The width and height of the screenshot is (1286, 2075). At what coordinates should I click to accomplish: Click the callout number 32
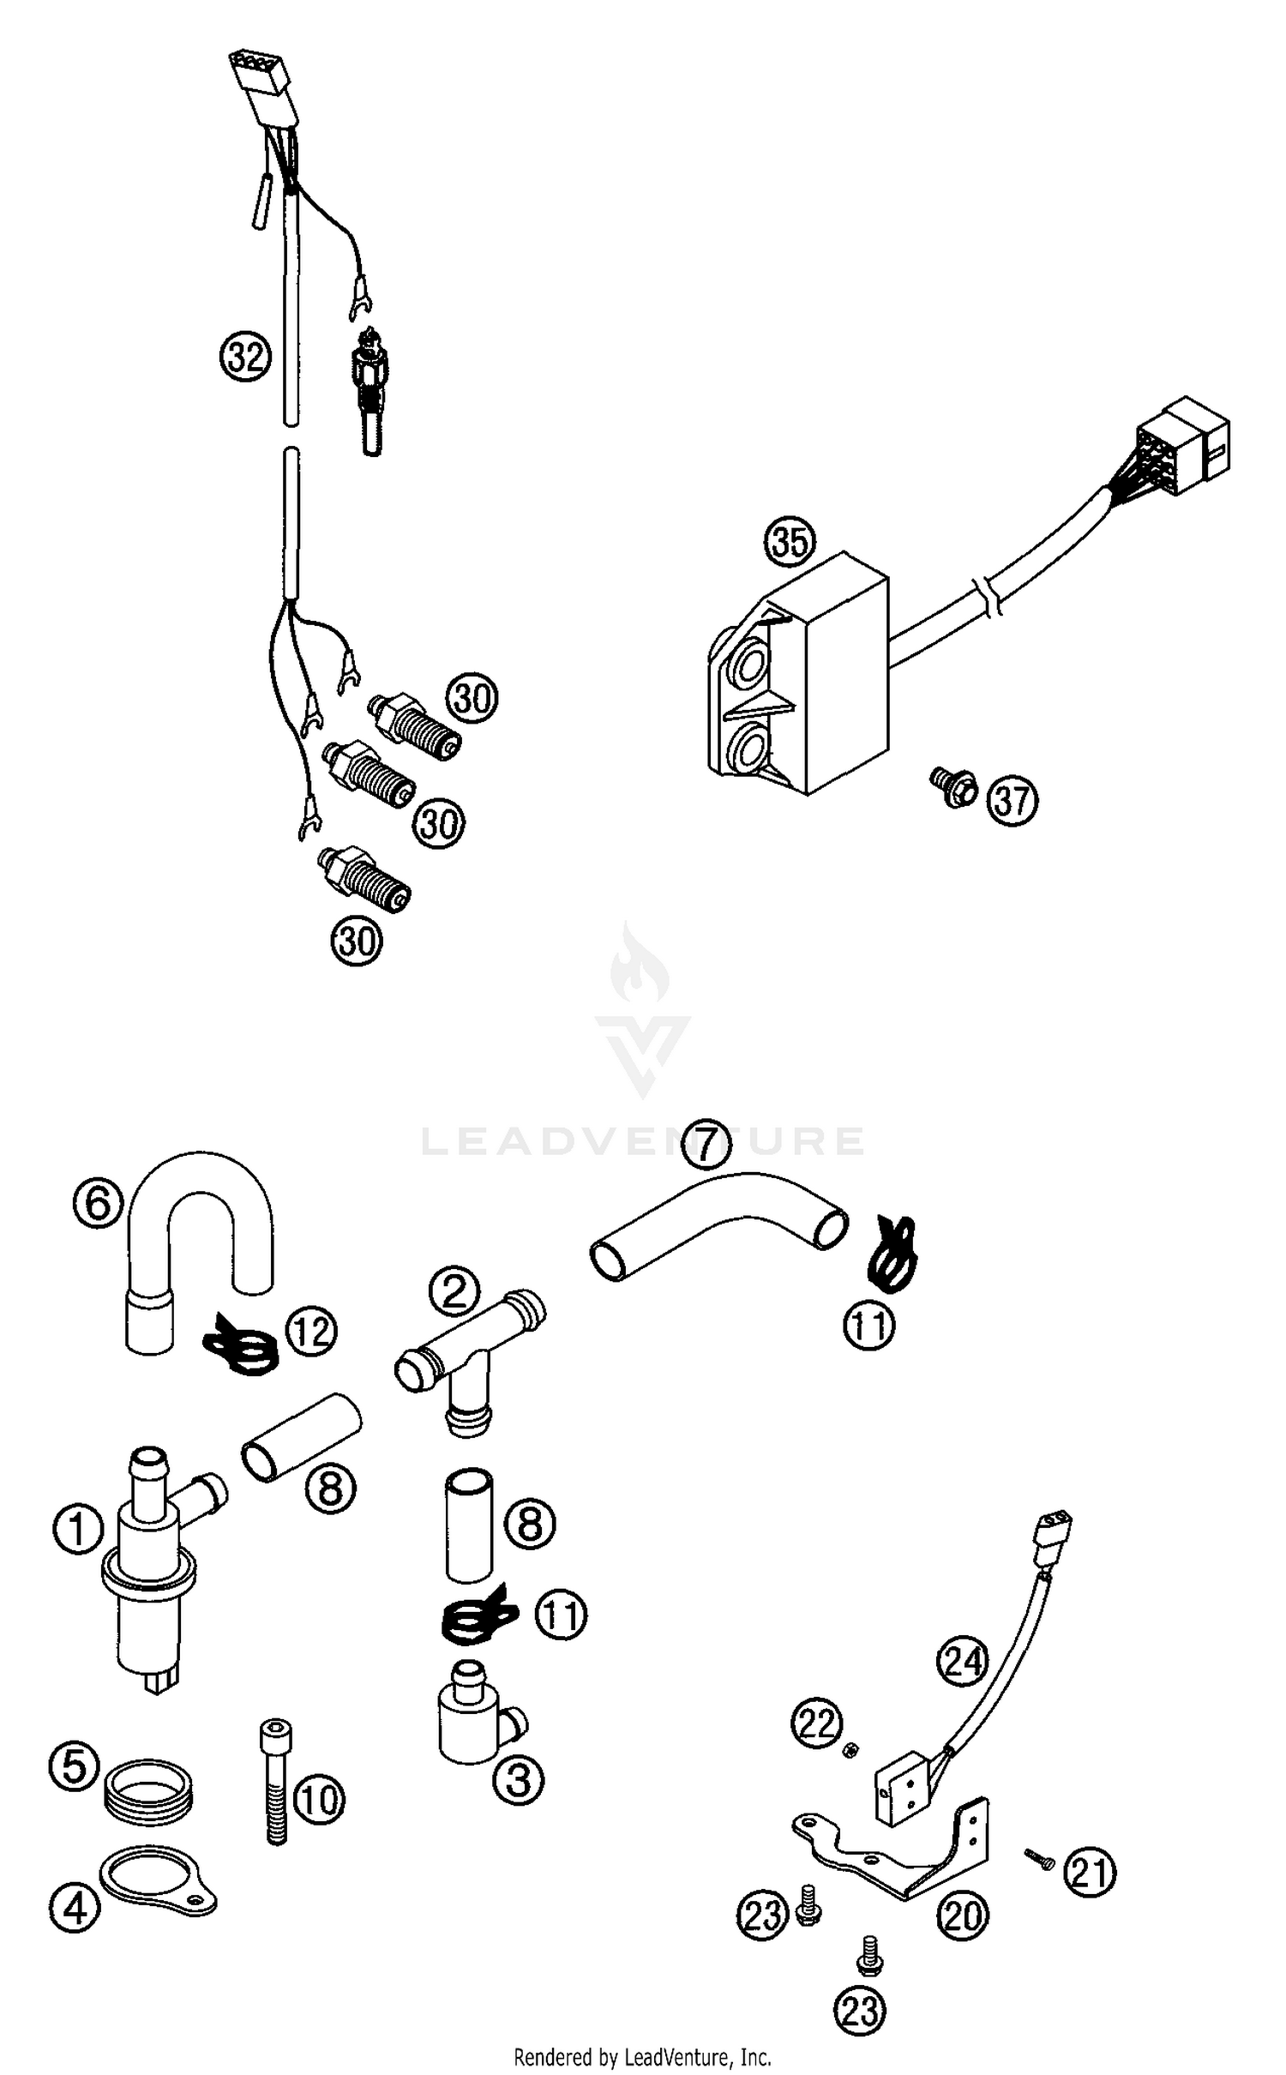245,356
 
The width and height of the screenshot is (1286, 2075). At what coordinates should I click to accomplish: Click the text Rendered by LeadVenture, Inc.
642,2057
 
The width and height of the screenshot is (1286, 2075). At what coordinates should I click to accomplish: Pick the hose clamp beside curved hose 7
892,1256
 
